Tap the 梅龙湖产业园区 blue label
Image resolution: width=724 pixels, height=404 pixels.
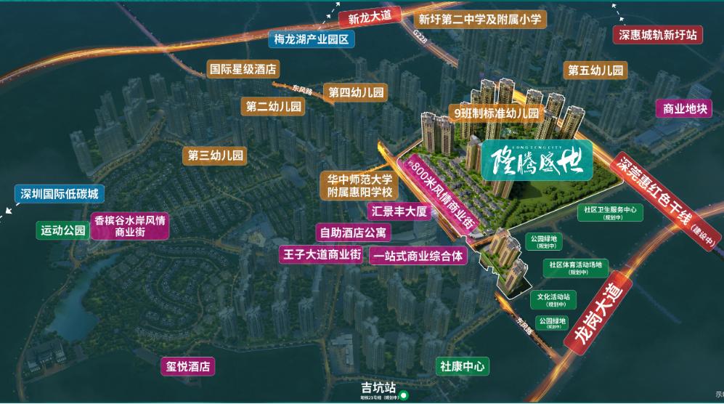(x=310, y=39)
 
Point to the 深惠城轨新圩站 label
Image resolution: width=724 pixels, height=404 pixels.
(x=657, y=34)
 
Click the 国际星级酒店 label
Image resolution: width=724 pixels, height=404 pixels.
(x=243, y=70)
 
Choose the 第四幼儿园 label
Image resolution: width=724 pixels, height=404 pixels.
(x=356, y=92)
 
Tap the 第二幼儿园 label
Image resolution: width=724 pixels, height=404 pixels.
(x=273, y=107)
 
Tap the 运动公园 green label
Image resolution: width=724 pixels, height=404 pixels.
(x=63, y=231)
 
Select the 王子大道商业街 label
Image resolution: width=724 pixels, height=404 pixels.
(x=320, y=254)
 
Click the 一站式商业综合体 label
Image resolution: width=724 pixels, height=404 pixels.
(x=417, y=256)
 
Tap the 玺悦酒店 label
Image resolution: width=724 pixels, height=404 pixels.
(x=188, y=365)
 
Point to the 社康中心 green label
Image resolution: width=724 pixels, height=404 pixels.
(x=461, y=367)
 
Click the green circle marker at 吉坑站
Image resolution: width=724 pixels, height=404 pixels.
(x=405, y=397)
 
